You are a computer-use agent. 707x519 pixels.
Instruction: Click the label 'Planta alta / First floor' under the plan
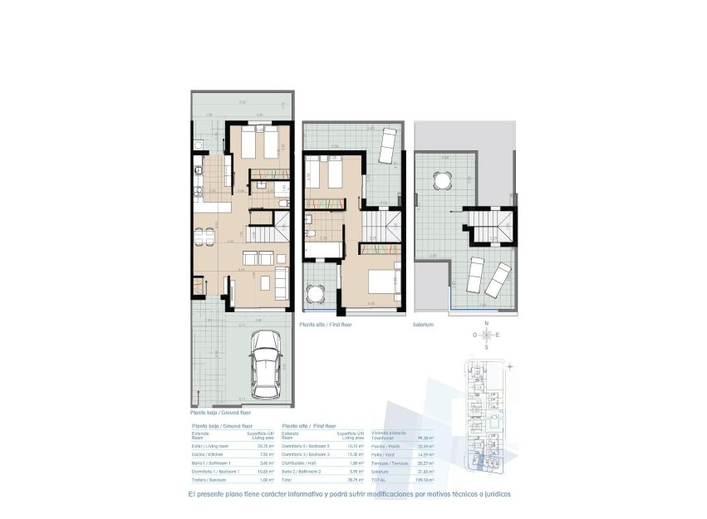point(326,325)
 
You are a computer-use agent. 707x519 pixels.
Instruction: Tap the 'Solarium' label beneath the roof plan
point(424,325)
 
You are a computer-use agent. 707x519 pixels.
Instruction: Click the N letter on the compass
point(488,322)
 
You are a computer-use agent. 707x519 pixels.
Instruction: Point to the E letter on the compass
point(498,335)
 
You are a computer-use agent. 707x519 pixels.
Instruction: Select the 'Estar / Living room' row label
point(209,447)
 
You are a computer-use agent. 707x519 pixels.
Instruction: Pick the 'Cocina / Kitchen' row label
point(207,455)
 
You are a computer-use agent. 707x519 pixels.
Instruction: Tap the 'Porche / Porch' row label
point(386,447)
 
